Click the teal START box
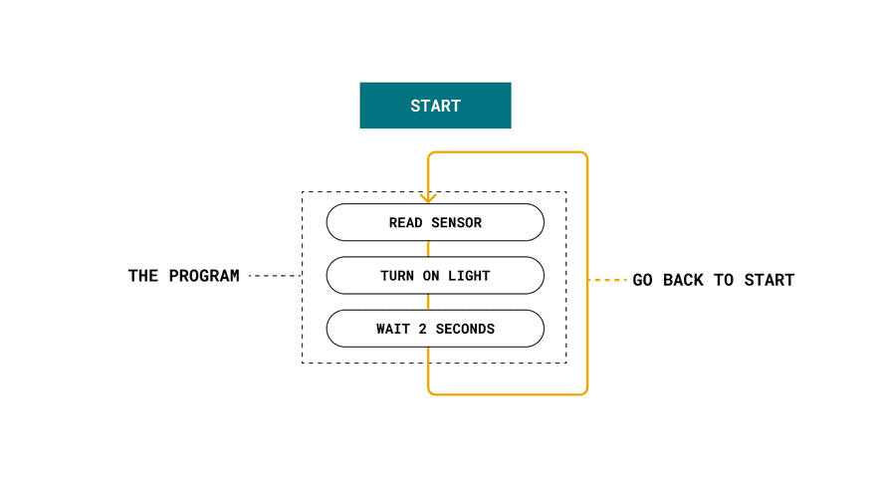point(435,106)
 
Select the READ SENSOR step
point(435,223)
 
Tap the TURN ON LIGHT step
point(435,276)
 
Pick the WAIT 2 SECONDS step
point(435,329)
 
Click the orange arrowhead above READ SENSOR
point(428,198)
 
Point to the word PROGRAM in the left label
point(204,276)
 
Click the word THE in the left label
point(143,276)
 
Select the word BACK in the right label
point(683,280)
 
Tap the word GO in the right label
point(642,280)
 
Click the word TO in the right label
point(724,280)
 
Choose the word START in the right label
point(770,280)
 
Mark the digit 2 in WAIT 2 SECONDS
point(422,329)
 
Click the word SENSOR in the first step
point(457,223)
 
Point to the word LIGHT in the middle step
point(469,276)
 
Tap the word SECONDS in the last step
point(465,329)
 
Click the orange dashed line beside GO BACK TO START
point(607,280)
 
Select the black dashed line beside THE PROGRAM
point(275,276)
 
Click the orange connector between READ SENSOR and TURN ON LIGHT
point(428,249)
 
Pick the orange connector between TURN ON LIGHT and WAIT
point(428,303)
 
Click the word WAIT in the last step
point(393,329)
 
